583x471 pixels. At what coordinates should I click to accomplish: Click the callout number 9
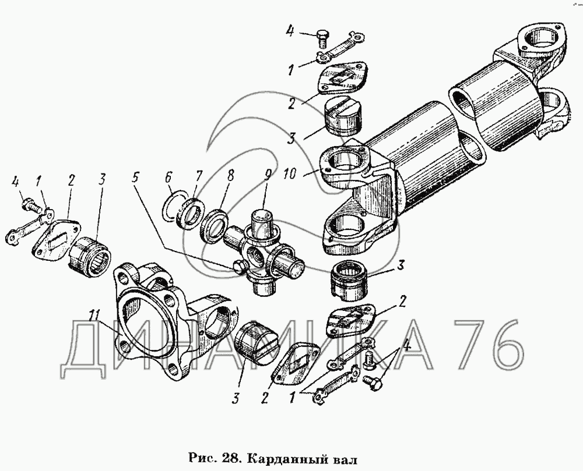pos(268,175)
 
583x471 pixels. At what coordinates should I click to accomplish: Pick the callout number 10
pos(290,173)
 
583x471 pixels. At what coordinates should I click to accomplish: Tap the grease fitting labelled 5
pos(238,267)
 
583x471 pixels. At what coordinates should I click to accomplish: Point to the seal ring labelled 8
pos(213,226)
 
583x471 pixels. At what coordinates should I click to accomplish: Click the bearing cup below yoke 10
pos(349,279)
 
